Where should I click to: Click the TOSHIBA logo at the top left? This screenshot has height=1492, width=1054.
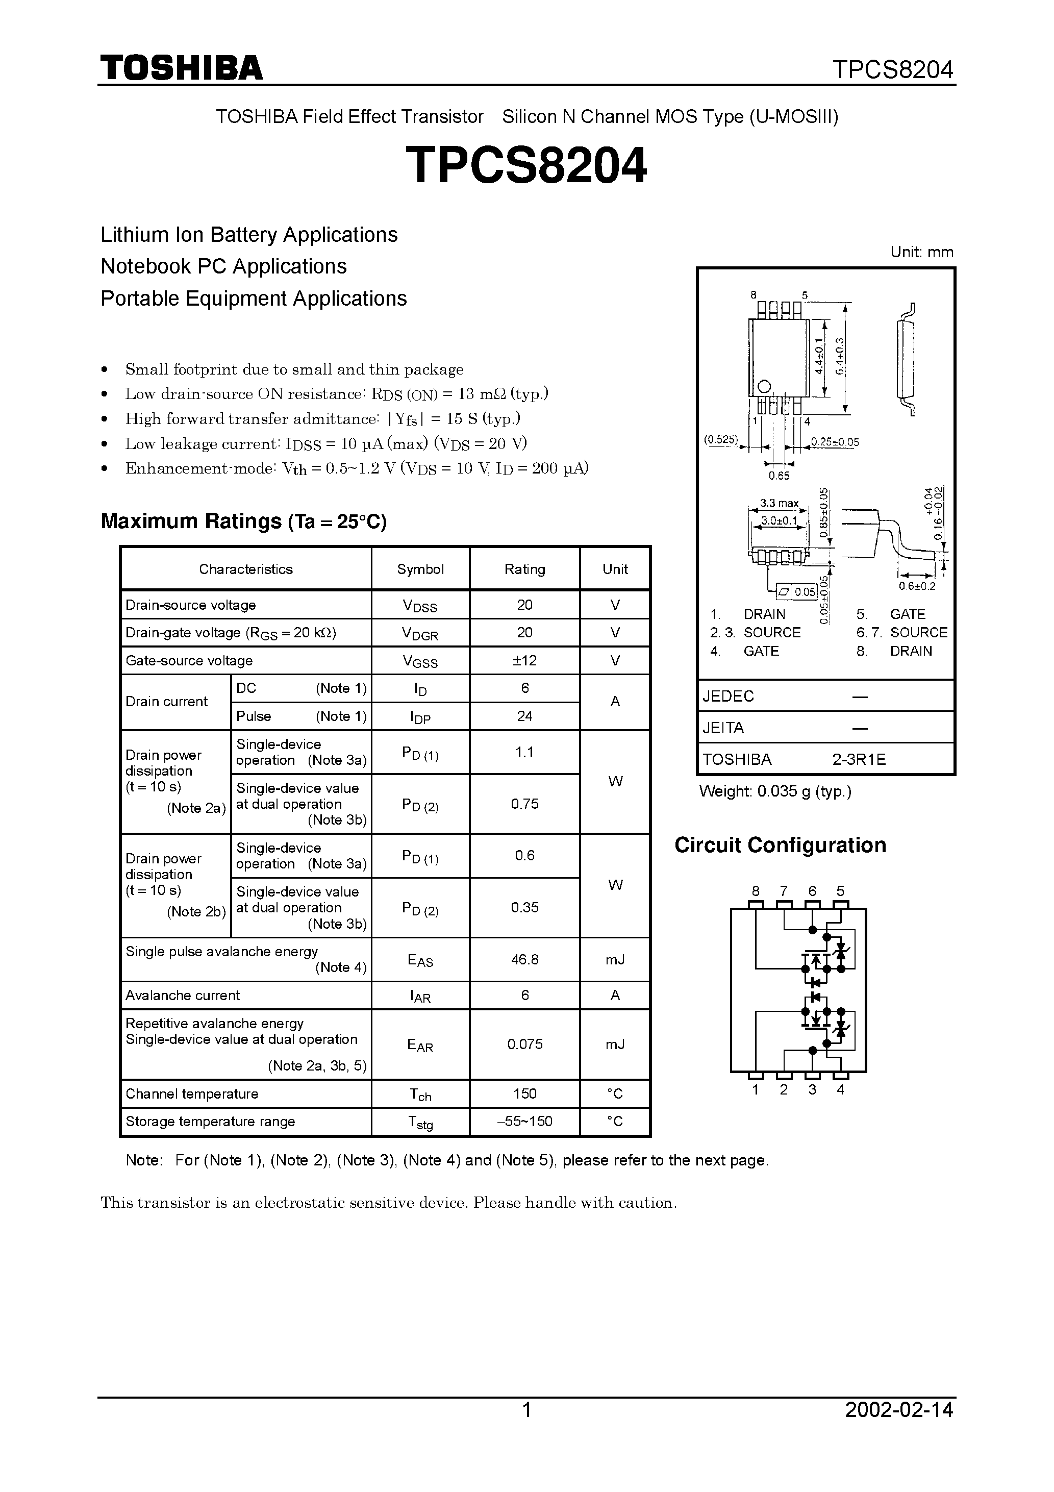coord(181,68)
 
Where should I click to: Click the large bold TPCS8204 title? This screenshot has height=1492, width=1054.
coord(526,166)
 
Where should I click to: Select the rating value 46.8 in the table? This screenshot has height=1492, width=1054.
coord(524,959)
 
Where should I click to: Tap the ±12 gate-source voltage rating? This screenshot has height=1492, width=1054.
coord(524,660)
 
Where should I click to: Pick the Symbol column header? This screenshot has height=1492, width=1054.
coord(420,569)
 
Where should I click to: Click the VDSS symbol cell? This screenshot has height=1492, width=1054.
coord(420,606)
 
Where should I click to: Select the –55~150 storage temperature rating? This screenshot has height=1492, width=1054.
coord(524,1121)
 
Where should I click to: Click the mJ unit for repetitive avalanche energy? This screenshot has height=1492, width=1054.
coord(615,1045)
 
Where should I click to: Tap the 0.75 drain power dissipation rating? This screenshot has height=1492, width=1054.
coord(524,804)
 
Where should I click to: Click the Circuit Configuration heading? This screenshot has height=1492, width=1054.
coord(780,845)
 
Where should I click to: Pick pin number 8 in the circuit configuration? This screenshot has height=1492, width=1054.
coord(755,891)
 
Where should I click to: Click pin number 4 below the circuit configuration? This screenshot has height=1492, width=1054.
coord(840,1090)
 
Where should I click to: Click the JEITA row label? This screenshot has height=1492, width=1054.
coord(723,728)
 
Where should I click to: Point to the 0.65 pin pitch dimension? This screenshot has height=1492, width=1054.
coord(779,476)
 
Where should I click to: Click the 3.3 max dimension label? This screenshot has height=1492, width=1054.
coord(779,504)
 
